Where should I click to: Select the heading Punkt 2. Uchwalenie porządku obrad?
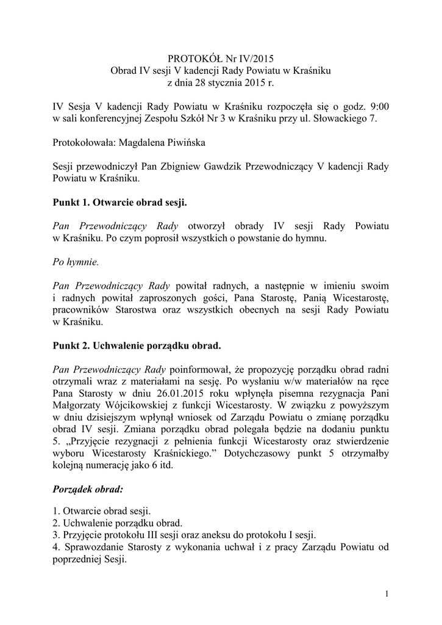137,345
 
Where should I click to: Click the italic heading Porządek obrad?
88,489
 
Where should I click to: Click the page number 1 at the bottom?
387,594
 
